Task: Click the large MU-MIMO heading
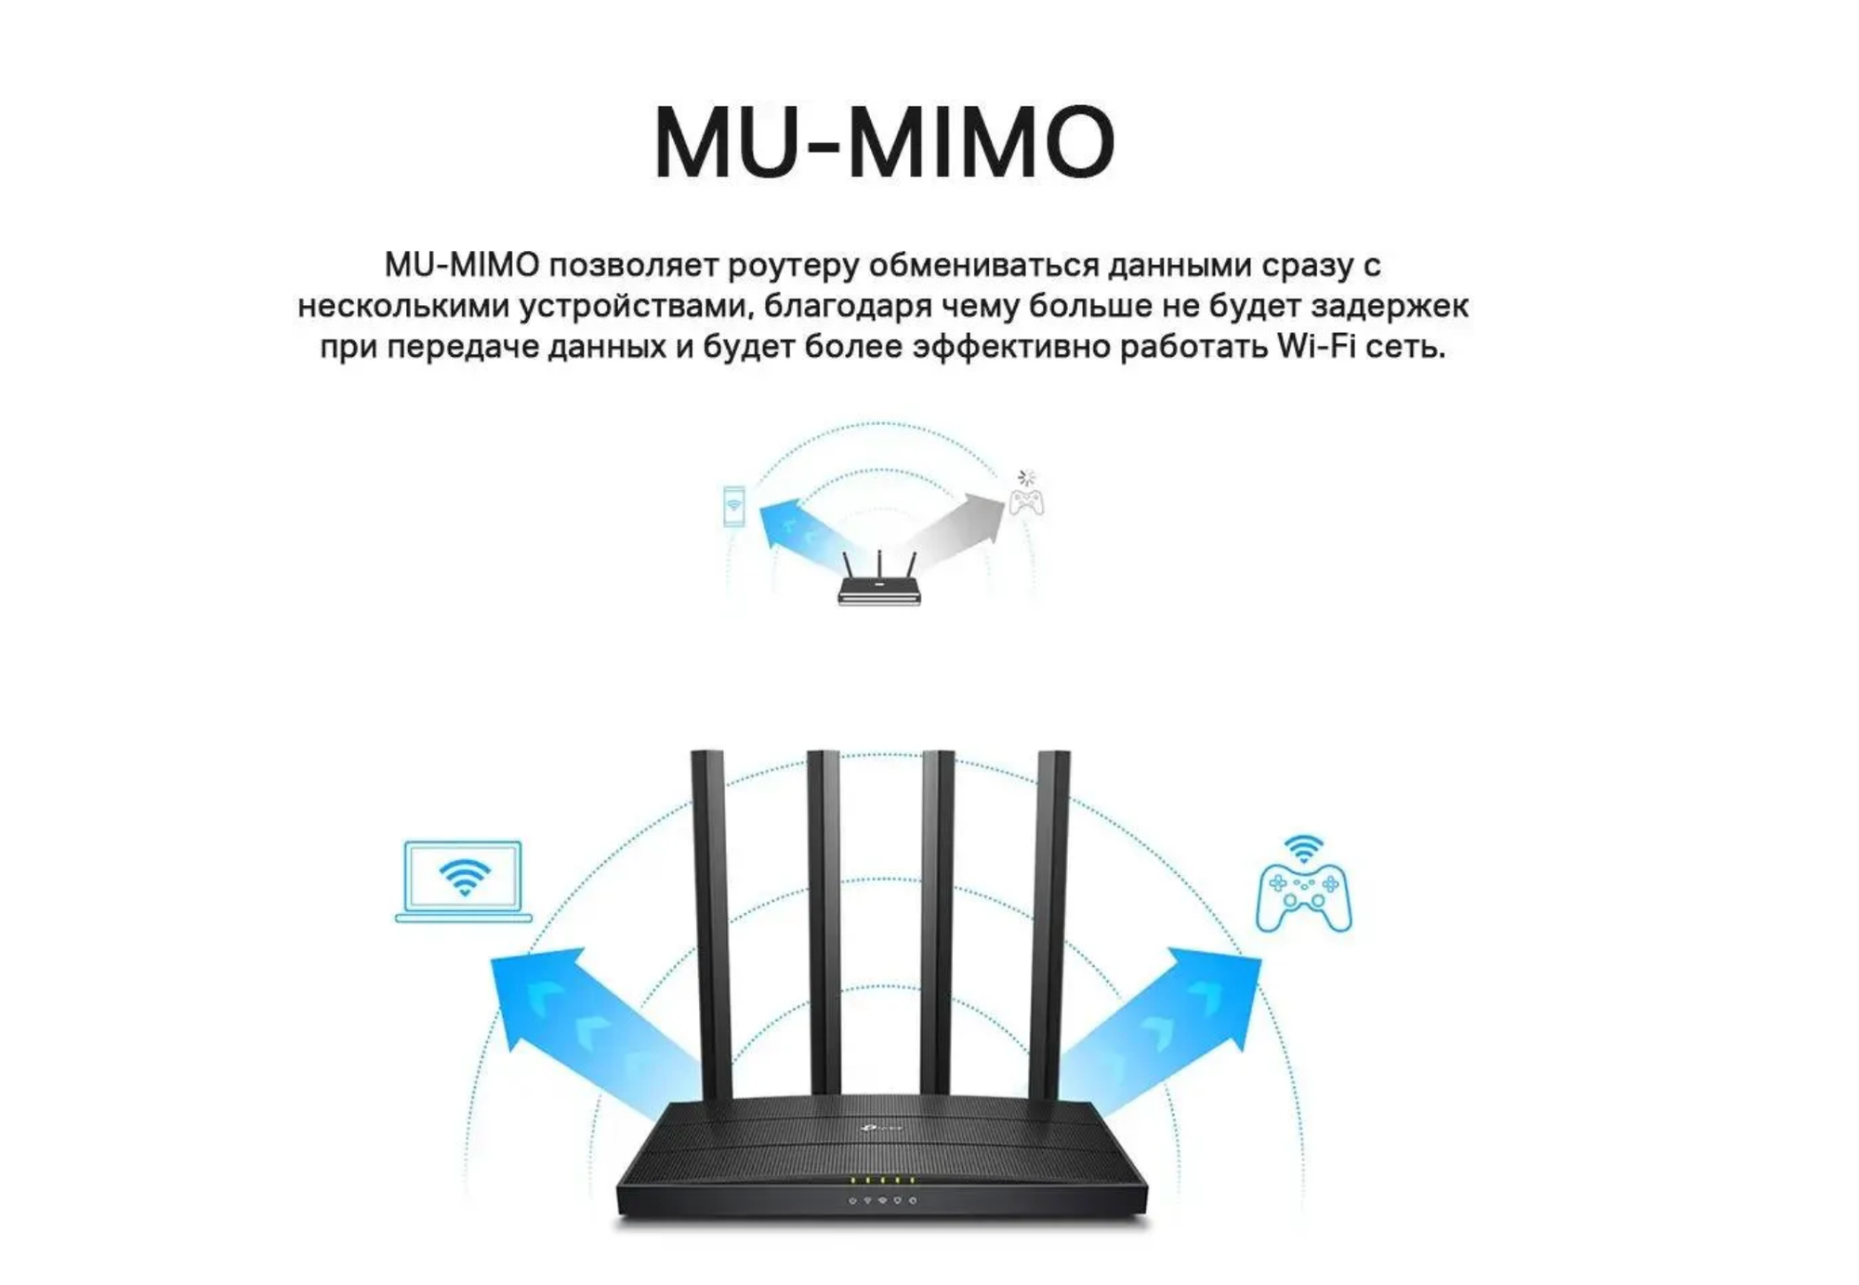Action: pyautogui.click(x=883, y=143)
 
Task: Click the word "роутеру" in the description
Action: pyautogui.click(x=792, y=265)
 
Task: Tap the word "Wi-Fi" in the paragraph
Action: pyautogui.click(x=1312, y=347)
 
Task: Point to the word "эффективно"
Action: pyautogui.click(x=1009, y=347)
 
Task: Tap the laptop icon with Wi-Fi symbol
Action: pyautogui.click(x=463, y=881)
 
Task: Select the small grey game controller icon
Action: pyautogui.click(x=1026, y=502)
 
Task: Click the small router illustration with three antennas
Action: pyautogui.click(x=878, y=582)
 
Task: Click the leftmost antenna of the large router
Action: pyautogui.click(x=710, y=921)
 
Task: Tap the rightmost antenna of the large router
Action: pyautogui.click(x=1050, y=921)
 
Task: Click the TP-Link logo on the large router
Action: pyautogui.click(x=878, y=1128)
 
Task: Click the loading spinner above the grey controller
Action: pyautogui.click(x=1025, y=478)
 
